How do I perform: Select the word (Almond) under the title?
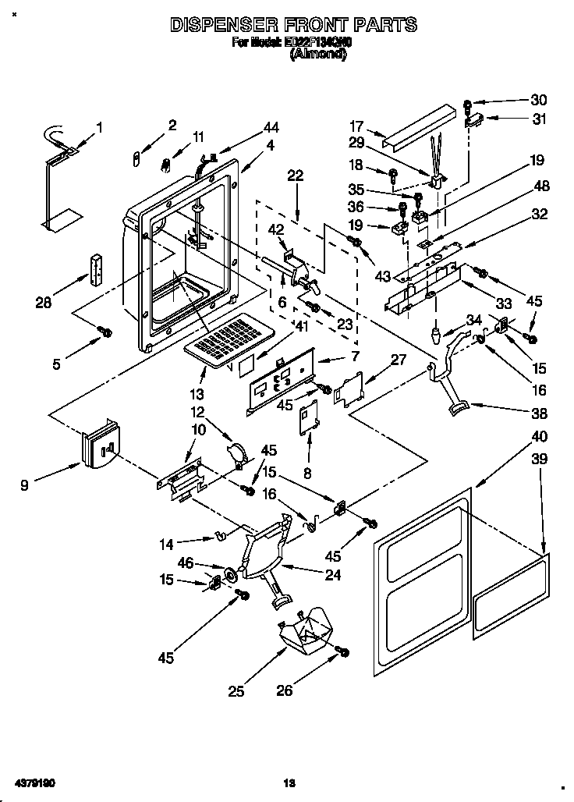coord(318,55)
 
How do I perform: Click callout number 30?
coord(539,99)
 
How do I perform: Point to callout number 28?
coord(43,302)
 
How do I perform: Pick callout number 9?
coord(26,484)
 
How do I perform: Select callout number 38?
coord(539,413)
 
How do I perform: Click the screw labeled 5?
coord(105,332)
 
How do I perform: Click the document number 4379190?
coord(34,782)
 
